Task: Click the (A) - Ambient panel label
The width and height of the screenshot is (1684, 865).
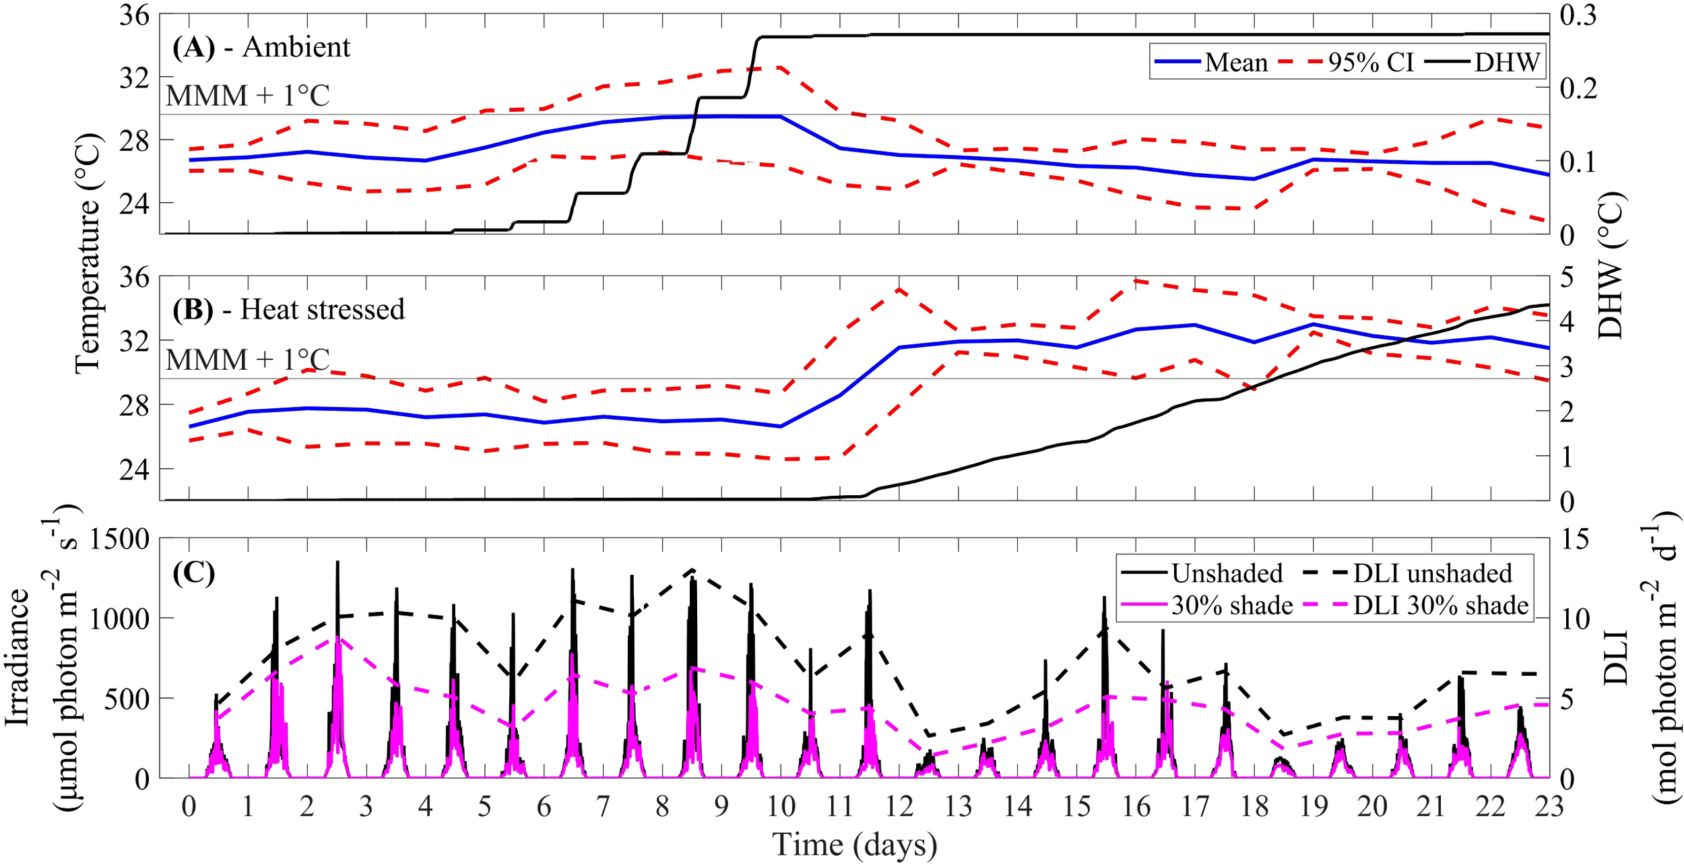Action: (x=261, y=47)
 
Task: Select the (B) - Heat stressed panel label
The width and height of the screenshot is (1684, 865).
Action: (x=288, y=309)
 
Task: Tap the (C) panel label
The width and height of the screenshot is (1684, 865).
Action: (x=193, y=573)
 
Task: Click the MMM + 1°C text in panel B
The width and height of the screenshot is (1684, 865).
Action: (x=248, y=360)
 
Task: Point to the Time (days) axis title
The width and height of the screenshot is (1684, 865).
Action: (x=854, y=845)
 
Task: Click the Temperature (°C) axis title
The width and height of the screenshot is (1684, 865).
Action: (x=87, y=256)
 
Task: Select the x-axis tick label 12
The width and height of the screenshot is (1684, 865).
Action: (x=899, y=806)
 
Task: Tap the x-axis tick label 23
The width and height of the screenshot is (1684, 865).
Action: (x=1549, y=806)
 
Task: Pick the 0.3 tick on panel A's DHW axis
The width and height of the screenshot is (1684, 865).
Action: (x=1578, y=15)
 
